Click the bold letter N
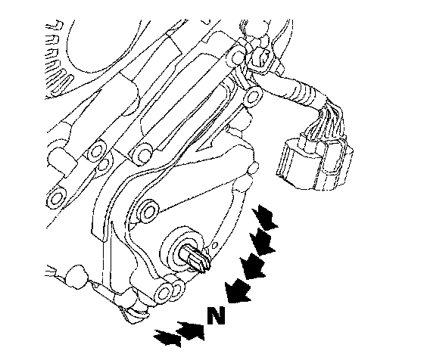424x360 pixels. pos(216,315)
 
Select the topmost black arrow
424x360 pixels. pos(265,216)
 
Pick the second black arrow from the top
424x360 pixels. pos(261,242)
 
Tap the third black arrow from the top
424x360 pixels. pos(251,266)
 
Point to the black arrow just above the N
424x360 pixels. pos(238,290)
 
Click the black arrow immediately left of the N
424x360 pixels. pos(191,331)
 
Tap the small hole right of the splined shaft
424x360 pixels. pos(215,245)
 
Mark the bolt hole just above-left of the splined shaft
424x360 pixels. pos(148,212)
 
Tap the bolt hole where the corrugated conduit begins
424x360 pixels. pos(253,96)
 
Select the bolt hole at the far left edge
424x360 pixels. pos(56,198)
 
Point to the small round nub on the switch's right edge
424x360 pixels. pos(253,168)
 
